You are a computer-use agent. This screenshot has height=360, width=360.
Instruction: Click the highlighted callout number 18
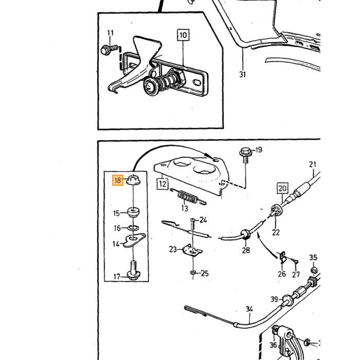[x=118, y=180]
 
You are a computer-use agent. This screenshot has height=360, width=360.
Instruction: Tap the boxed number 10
[x=183, y=35]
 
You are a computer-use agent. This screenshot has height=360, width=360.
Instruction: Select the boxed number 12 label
[x=163, y=184]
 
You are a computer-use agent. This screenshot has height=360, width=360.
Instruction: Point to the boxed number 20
[x=282, y=189]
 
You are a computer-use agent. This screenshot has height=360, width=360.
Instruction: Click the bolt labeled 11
[x=110, y=50]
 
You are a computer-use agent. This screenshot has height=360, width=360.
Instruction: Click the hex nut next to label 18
[x=133, y=179]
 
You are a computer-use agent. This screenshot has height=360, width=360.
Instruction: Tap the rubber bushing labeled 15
[x=133, y=212]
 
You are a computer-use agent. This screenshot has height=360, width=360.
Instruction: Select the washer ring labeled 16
[x=133, y=228]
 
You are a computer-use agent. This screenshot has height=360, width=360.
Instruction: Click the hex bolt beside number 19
[x=245, y=155]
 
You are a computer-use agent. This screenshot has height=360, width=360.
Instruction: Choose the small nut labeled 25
[x=193, y=273]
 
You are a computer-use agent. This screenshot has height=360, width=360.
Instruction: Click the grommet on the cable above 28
[x=245, y=234]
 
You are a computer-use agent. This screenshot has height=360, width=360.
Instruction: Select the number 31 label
[x=242, y=75]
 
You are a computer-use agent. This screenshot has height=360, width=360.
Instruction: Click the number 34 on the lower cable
[x=249, y=309]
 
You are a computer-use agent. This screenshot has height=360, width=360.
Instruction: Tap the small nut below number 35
[x=313, y=270]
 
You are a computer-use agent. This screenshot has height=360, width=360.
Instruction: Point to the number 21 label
[x=313, y=164]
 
